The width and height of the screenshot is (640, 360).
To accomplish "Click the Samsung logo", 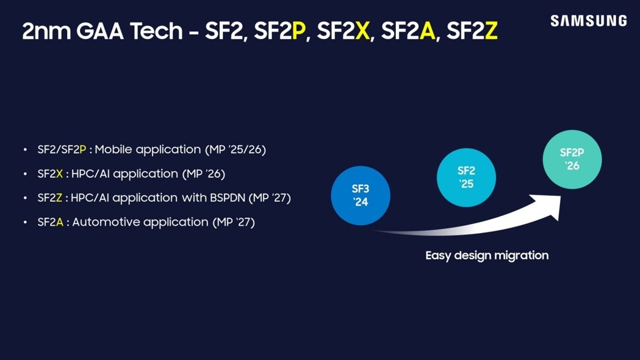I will click(588, 21).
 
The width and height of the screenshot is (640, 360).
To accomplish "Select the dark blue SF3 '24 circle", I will click(361, 196).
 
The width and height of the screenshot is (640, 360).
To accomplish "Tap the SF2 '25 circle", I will click(466, 177).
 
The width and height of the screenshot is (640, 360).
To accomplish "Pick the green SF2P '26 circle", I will click(572, 159).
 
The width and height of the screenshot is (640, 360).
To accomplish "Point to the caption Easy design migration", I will click(487, 255).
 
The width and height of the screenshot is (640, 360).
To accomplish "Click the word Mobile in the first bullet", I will click(114, 149).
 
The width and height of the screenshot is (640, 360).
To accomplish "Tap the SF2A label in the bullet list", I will click(51, 222).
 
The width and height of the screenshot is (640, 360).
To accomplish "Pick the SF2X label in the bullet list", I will click(51, 174).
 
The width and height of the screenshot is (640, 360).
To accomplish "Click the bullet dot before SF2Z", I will click(25, 198).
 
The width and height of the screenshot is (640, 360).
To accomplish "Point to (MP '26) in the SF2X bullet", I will click(204, 174).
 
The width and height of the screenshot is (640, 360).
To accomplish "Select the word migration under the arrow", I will click(522, 255).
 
